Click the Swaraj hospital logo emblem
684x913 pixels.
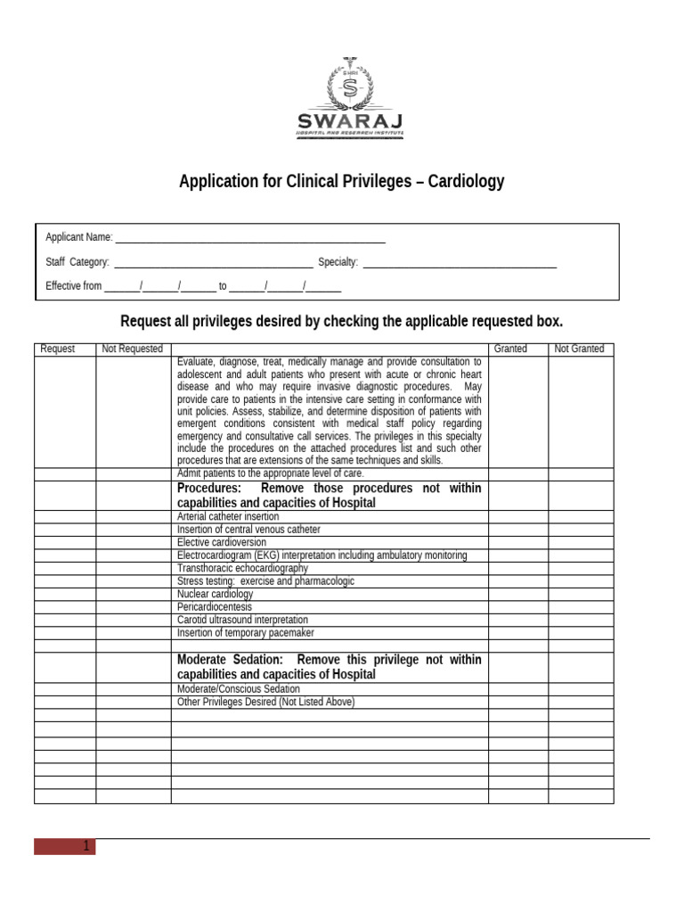pos(349,86)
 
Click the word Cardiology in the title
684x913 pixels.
pos(466,182)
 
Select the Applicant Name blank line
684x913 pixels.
pos(250,238)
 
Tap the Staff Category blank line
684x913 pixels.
pos(214,263)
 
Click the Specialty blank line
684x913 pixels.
pos(460,263)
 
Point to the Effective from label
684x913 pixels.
pos(74,286)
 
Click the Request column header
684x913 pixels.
pos(58,349)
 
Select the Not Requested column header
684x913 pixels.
pos(133,349)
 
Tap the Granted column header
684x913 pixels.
pos(510,349)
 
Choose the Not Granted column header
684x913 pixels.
pos(579,349)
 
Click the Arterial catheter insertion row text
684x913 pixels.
pos(228,516)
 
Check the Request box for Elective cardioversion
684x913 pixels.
pos(65,542)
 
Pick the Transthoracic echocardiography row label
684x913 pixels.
pos(242,568)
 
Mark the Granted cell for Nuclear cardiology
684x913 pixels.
pos(517,594)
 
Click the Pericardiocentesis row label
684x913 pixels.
pos(214,606)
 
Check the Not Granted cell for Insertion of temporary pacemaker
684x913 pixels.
pos(581,633)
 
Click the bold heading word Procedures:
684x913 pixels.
pos(209,489)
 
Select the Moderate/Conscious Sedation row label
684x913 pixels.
pos(239,689)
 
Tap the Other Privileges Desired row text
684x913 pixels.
pos(265,702)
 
